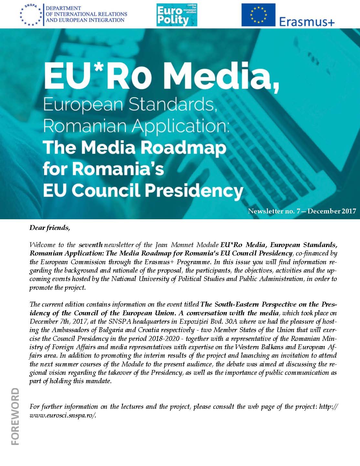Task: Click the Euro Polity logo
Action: pyautogui.click(x=177, y=15)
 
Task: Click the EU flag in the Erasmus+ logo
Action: pyautogui.click(x=258, y=15)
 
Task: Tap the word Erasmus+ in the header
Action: pyautogui.click(x=306, y=21)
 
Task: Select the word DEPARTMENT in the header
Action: pyautogui.click(x=63, y=8)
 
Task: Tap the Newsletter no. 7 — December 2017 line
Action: pyautogui.click(x=302, y=211)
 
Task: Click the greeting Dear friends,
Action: pyautogui.click(x=50, y=228)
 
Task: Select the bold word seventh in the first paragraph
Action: pyautogui.click(x=91, y=245)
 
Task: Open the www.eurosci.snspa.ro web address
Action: pyautogui.click(x=63, y=415)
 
